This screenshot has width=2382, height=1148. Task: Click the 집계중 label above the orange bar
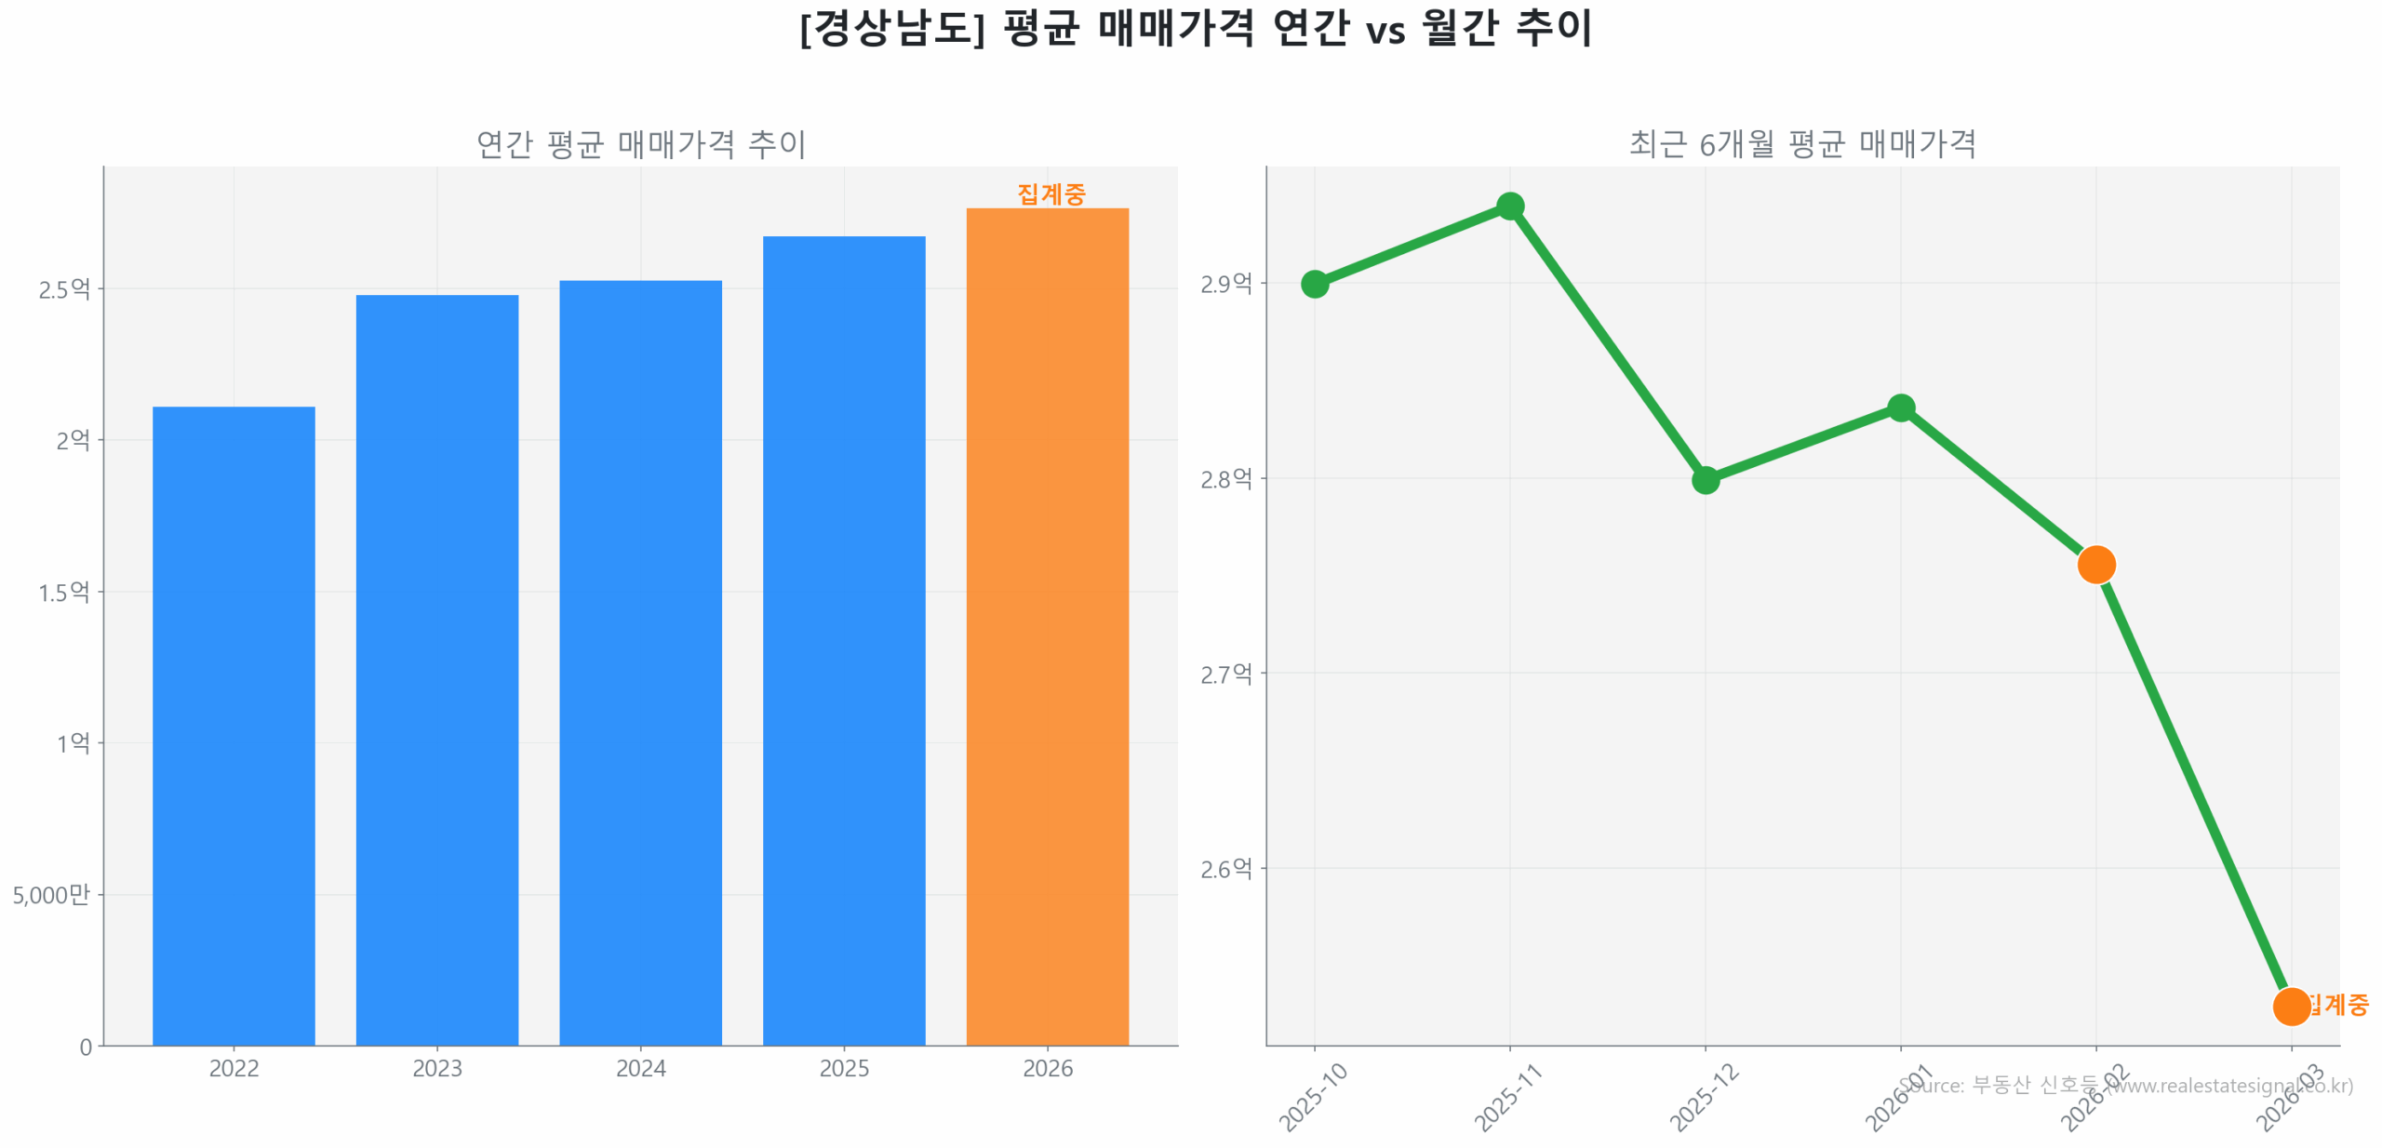pyautogui.click(x=1050, y=194)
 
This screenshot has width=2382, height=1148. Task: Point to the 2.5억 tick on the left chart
pyautogui.click(x=64, y=289)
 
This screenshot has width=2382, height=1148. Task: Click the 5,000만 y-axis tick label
pyautogui.click(x=51, y=894)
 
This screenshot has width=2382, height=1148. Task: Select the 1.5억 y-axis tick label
pyautogui.click(x=64, y=592)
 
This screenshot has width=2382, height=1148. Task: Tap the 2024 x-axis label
pyautogui.click(x=639, y=1067)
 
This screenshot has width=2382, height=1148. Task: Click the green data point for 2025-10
pyautogui.click(x=1314, y=284)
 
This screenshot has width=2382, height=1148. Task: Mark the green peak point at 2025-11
pyautogui.click(x=1509, y=206)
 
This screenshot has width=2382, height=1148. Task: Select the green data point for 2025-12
pyautogui.click(x=1705, y=480)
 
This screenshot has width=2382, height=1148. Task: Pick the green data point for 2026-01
pyautogui.click(x=1900, y=407)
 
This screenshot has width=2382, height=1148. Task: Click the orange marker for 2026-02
pyautogui.click(x=2095, y=564)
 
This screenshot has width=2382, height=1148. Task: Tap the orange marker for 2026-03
pyautogui.click(x=2290, y=1006)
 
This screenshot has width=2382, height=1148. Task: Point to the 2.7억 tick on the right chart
pyautogui.click(x=1225, y=674)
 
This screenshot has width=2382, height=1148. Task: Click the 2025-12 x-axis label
pyautogui.click(x=1703, y=1098)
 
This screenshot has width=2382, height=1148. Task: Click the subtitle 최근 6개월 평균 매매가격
pyautogui.click(x=1801, y=143)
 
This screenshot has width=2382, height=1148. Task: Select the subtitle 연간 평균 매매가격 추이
pyautogui.click(x=640, y=143)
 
